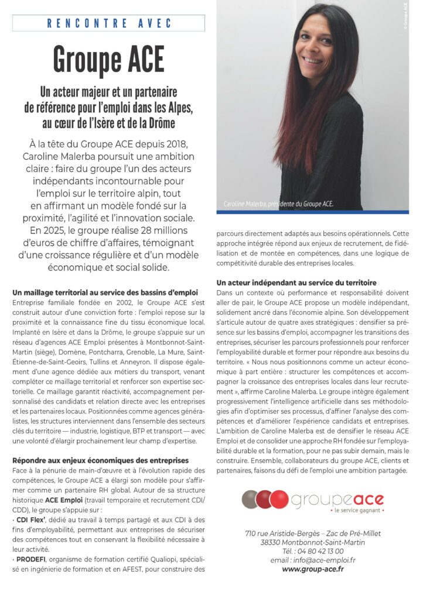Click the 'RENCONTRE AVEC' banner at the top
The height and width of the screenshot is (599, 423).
pos(108,23)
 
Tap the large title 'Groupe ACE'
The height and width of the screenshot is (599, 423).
pos(108,57)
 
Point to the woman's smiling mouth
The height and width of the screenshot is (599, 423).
pos(313,60)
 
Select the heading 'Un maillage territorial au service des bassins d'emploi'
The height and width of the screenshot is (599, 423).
pos(105,291)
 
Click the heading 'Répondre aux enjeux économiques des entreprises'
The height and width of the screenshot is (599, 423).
pos(100,460)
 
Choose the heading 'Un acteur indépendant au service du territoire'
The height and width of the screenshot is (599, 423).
pos(296,283)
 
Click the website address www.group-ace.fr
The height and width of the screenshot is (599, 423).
pos(312,568)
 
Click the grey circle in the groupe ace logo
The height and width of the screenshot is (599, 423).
pos(251,500)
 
